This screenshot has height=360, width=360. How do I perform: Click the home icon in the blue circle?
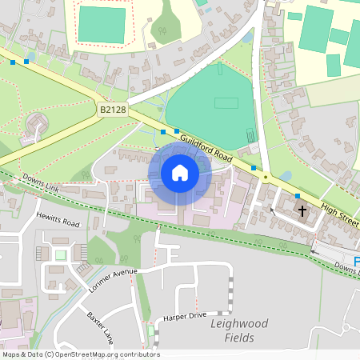click(x=180, y=173)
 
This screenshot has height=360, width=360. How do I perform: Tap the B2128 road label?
click(x=114, y=108)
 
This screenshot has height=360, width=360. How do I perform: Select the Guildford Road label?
click(x=206, y=147)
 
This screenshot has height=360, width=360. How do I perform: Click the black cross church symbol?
click(x=302, y=211)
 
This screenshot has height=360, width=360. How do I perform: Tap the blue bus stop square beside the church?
click(x=298, y=196)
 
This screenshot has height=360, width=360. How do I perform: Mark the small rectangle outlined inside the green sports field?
click(x=227, y=103)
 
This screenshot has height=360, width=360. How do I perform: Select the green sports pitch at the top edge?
click(x=102, y=24)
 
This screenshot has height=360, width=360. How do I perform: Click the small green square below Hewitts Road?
click(x=61, y=255)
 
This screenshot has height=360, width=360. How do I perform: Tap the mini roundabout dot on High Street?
click(x=266, y=178)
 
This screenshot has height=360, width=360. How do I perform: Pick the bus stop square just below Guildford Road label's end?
click(x=254, y=168)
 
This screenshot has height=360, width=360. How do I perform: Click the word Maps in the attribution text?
click(x=11, y=354)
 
